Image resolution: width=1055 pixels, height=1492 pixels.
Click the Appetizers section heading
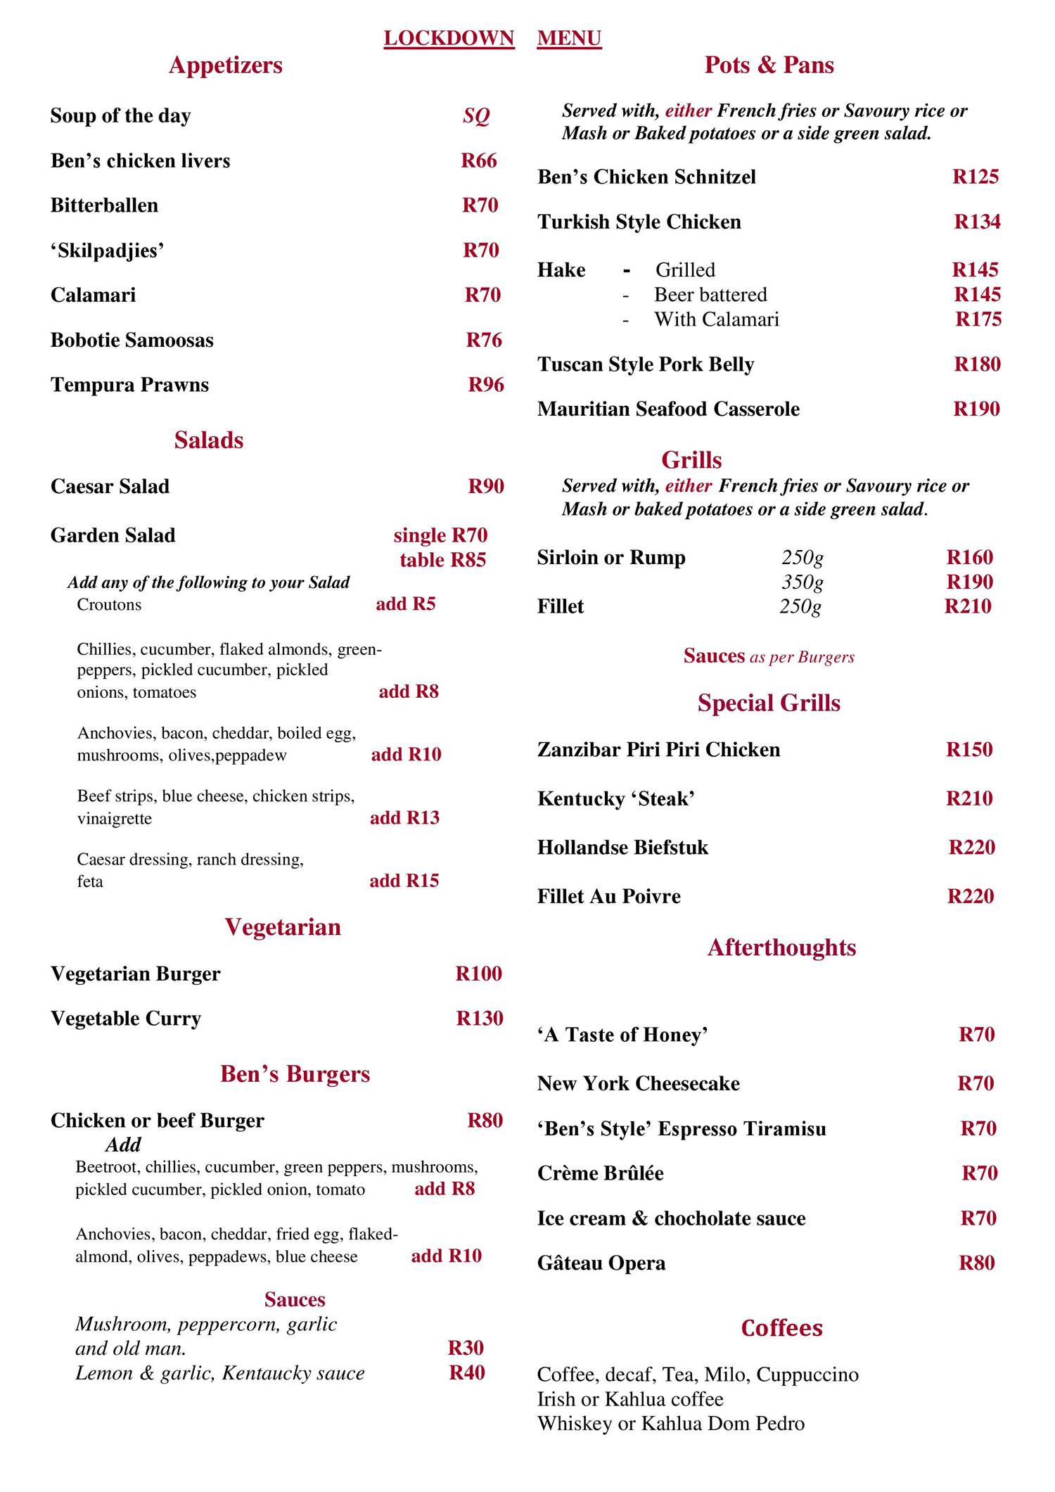(x=225, y=65)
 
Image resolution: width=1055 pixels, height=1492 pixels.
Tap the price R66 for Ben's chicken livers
(x=479, y=160)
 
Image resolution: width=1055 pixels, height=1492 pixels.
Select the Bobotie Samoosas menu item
(x=132, y=340)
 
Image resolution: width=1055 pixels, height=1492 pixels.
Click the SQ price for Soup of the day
(x=476, y=115)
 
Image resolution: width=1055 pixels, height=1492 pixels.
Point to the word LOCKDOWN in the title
(x=449, y=38)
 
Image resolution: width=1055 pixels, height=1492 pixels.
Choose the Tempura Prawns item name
(x=129, y=385)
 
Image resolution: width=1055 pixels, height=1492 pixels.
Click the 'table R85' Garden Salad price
(x=442, y=560)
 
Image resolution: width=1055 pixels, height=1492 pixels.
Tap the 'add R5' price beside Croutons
(x=406, y=604)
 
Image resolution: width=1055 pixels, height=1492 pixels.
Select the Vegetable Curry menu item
(x=126, y=1019)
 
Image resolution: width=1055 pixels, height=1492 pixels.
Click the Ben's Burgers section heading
(x=295, y=1074)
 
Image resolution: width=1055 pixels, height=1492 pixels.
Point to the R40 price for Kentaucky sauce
(x=467, y=1372)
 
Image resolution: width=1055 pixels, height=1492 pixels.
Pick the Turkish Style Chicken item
(x=639, y=222)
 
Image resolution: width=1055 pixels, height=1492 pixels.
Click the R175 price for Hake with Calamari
(x=978, y=319)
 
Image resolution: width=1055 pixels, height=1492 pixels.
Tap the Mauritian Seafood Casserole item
(x=668, y=409)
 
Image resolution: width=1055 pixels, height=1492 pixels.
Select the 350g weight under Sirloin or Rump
(x=803, y=582)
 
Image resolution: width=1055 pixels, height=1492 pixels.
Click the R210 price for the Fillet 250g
(x=968, y=606)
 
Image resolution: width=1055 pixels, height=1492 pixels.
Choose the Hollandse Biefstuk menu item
(x=622, y=848)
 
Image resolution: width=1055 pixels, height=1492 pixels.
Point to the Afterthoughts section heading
(x=781, y=948)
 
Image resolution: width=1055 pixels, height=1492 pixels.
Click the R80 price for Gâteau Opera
(x=977, y=1263)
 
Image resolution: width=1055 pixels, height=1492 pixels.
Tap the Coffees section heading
(x=781, y=1328)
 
